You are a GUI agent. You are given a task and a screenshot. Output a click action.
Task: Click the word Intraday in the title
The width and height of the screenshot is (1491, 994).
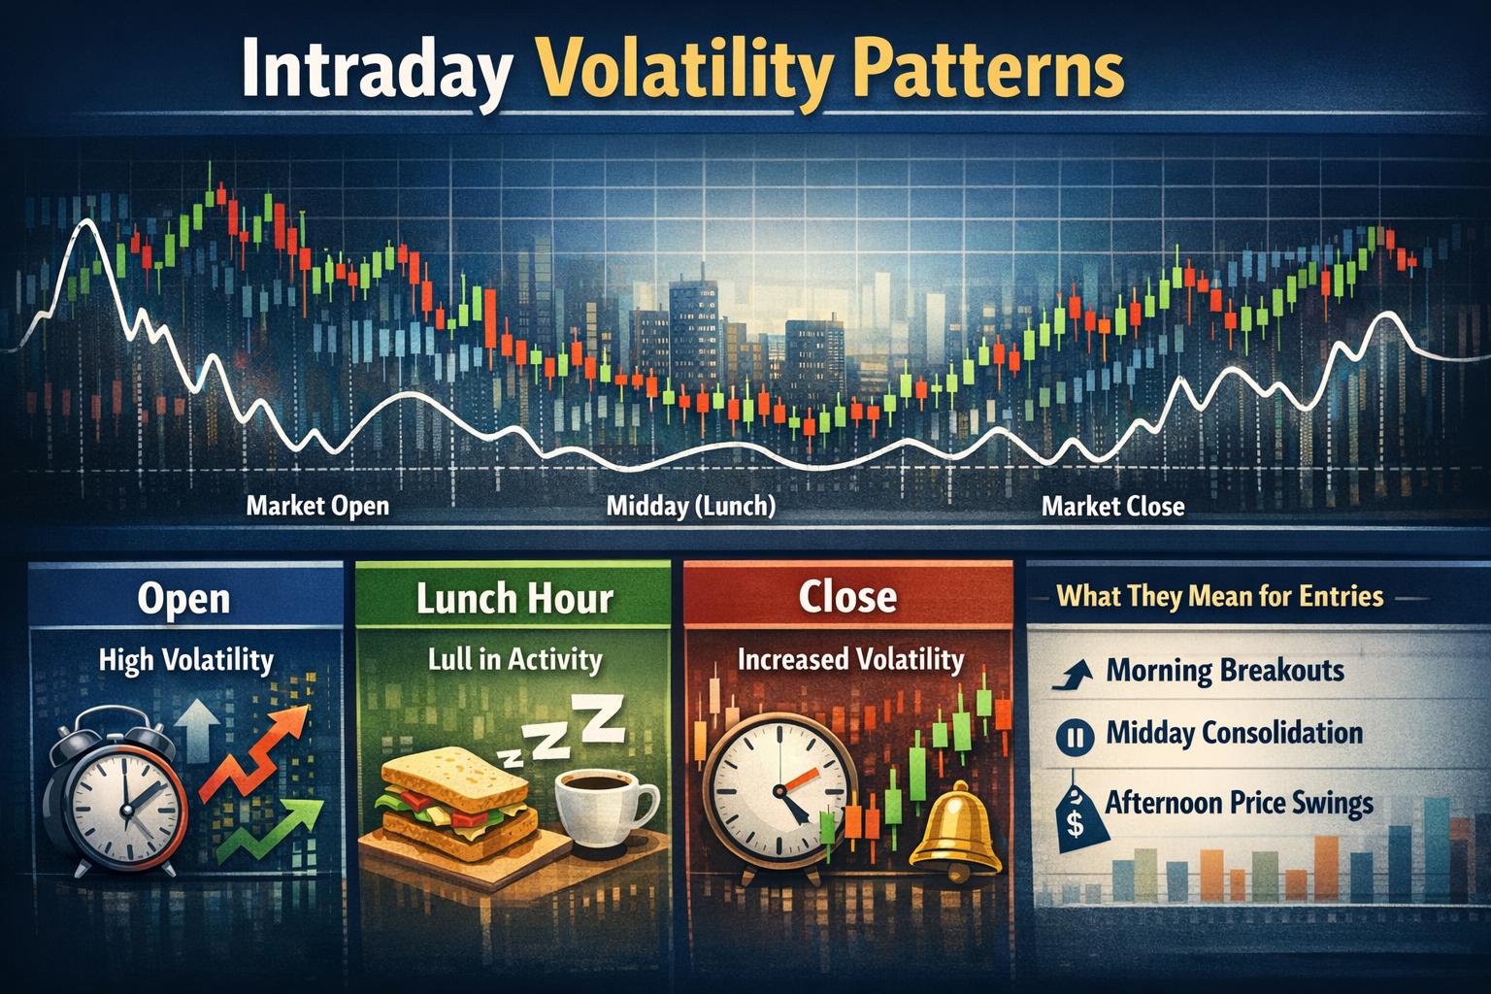point(374,69)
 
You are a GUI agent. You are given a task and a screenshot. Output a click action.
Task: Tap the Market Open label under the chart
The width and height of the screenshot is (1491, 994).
point(317,506)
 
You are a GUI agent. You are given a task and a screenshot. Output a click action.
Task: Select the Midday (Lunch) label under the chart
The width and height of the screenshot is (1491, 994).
point(690,507)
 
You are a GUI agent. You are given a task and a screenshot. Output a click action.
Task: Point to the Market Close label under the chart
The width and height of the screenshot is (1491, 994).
point(1112,506)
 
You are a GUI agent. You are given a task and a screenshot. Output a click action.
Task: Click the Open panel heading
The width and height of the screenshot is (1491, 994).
point(183,598)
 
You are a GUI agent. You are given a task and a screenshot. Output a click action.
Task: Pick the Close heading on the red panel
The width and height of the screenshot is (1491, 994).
point(847,597)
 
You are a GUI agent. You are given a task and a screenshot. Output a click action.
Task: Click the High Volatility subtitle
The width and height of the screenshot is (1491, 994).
point(186,661)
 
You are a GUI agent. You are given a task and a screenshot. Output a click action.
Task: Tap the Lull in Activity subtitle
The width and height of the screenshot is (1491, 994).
point(514,660)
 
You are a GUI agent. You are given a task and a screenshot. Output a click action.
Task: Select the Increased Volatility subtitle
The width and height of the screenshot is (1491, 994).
point(850,660)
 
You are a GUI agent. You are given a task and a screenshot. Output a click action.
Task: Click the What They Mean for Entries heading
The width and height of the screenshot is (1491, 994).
point(1219,594)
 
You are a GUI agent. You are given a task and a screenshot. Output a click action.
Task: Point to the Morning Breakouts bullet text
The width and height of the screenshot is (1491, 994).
point(1225,670)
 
